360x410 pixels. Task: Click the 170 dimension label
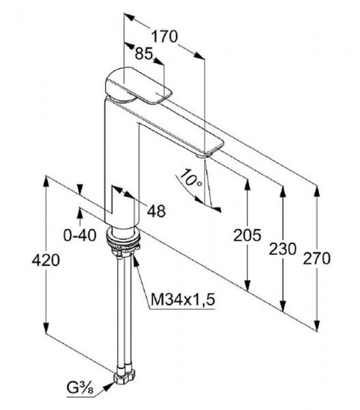click(x=165, y=36)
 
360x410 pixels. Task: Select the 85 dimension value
click(x=143, y=54)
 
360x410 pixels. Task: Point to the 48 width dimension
click(x=156, y=210)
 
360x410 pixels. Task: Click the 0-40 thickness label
click(x=80, y=235)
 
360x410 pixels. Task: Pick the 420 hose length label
click(x=46, y=260)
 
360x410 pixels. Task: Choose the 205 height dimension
click(x=247, y=235)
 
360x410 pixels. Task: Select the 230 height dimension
click(x=283, y=249)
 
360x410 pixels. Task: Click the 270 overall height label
click(x=316, y=258)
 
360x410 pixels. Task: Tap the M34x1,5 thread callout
click(x=183, y=299)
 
